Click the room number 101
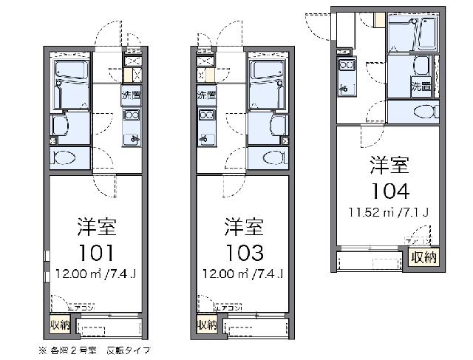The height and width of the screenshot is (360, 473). pyautogui.click(x=94, y=253)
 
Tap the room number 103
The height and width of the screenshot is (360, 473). pyautogui.click(x=241, y=253)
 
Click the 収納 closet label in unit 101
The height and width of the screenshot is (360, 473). pyautogui.click(x=61, y=325)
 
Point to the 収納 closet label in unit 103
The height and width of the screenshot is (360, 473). pyautogui.click(x=208, y=325)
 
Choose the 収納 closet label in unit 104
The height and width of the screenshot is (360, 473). pyautogui.click(x=423, y=257)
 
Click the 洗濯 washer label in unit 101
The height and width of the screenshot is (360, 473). pyautogui.click(x=132, y=95)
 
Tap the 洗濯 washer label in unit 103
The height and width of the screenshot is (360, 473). pyautogui.click(x=206, y=95)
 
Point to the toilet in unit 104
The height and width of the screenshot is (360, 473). pyautogui.click(x=419, y=112)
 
